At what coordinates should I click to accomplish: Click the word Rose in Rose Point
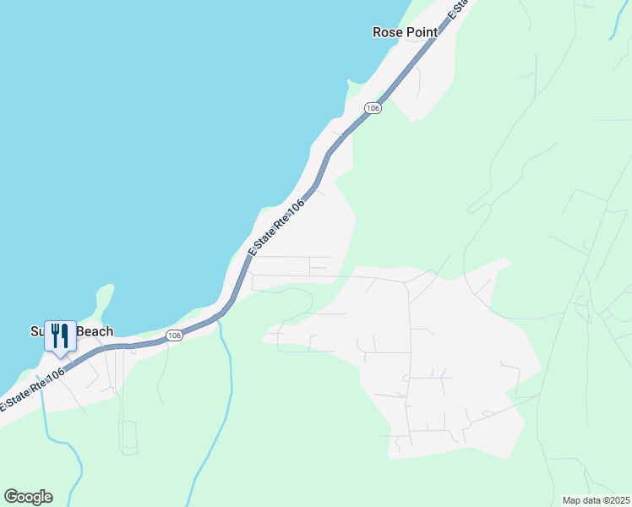click(x=387, y=32)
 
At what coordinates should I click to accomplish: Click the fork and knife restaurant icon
click(x=59, y=335)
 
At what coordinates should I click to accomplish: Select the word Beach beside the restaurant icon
click(x=95, y=332)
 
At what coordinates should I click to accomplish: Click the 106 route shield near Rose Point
click(x=373, y=108)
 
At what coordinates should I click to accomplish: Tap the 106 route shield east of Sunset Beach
click(x=174, y=335)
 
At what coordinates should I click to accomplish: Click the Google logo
click(x=28, y=497)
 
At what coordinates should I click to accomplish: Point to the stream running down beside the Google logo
click(x=74, y=473)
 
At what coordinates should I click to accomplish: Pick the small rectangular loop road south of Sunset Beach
click(x=129, y=437)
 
